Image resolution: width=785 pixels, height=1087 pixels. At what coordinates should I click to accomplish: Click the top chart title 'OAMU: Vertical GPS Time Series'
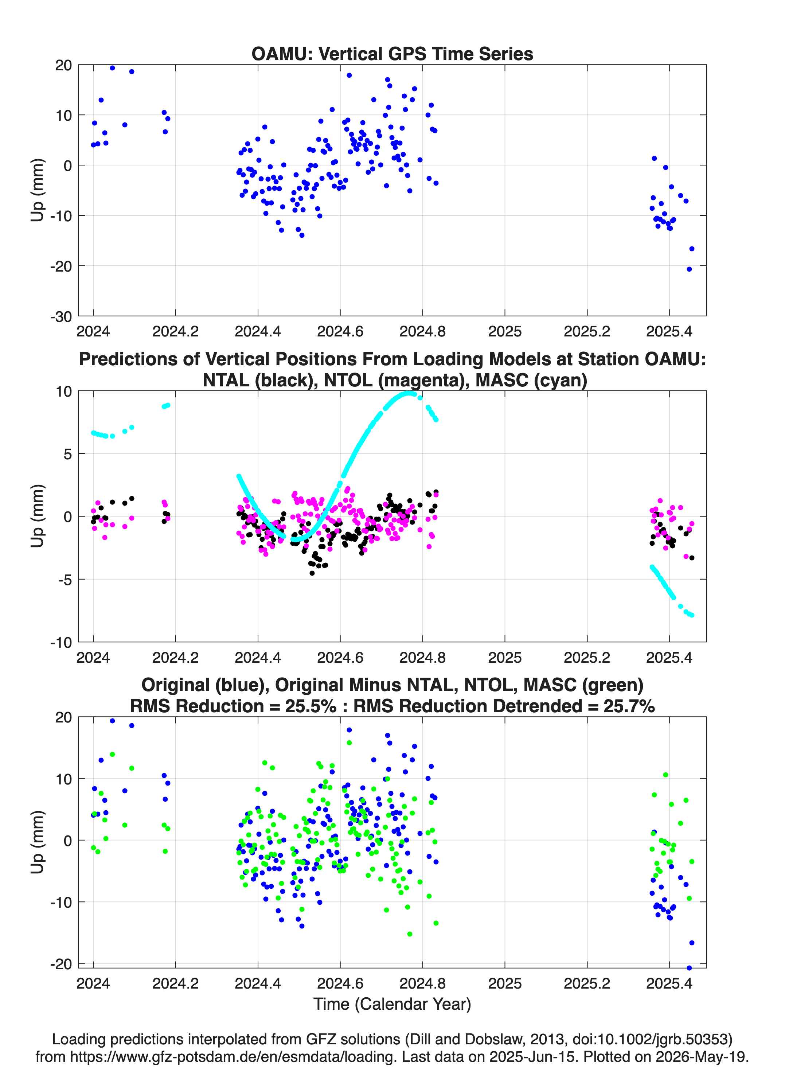coord(392,54)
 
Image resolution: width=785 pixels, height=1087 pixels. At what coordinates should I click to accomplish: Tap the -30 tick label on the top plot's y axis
coord(61,316)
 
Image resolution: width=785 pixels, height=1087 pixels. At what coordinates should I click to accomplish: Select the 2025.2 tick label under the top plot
coord(587,331)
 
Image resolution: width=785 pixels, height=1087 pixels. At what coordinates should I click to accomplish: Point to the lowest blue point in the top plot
coord(689,269)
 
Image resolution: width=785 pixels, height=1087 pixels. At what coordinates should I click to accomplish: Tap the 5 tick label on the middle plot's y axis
coord(67,454)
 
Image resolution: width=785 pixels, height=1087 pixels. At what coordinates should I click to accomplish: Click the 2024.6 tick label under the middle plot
coord(340,658)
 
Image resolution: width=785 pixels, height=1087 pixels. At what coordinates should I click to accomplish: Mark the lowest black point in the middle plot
coord(312,573)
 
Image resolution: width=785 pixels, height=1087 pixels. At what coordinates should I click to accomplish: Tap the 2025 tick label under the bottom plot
coord(505,983)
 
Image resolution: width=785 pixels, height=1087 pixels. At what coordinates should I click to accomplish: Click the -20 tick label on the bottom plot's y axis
coord(61,964)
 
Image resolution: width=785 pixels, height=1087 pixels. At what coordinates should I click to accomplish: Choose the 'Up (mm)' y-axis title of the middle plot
coord(38,516)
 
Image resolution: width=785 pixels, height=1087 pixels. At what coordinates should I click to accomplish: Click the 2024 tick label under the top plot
coord(93,331)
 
